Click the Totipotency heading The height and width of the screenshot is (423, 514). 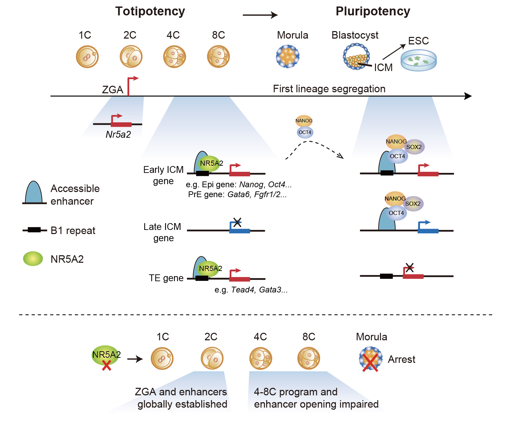[150, 11]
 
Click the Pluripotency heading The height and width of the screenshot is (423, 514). [373, 11]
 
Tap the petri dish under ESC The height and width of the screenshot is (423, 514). [419, 60]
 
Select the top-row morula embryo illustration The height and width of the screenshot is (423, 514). [288, 56]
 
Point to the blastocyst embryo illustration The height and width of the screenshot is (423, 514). [356, 56]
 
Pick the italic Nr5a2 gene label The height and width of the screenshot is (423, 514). [118, 135]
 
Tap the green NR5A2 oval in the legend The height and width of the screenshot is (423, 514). [33, 259]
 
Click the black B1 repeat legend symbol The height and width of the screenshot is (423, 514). [34, 230]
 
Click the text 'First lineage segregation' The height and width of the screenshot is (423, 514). [329, 89]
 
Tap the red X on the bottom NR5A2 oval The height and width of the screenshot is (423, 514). [107, 365]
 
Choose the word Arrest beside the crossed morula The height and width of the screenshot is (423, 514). [402, 359]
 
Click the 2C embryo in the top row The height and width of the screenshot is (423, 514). [131, 57]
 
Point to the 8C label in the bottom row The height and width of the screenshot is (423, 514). [309, 337]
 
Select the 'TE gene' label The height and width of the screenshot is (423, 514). [166, 278]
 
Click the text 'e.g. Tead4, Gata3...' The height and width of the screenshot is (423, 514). [251, 290]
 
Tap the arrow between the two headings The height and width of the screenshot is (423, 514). [260, 15]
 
